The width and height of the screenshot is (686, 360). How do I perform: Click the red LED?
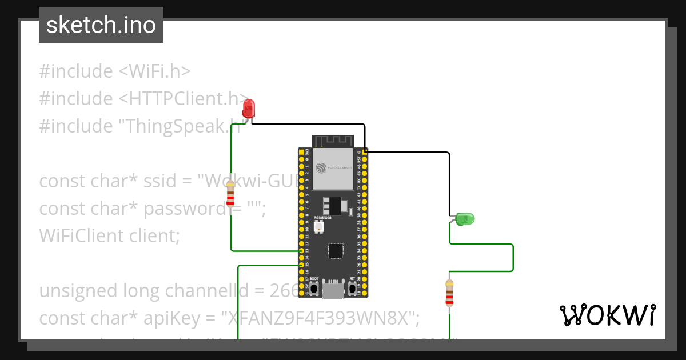[249, 109]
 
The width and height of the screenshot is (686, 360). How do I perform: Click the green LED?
[465, 218]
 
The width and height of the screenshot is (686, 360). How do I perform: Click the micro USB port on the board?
[333, 290]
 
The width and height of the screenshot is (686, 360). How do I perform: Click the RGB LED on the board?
[318, 228]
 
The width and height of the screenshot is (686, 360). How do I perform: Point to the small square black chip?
[336, 250]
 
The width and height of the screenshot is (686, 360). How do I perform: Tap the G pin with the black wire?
[365, 152]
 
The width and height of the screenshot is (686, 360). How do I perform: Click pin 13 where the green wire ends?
[301, 251]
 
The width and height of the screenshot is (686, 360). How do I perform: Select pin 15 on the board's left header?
[301, 265]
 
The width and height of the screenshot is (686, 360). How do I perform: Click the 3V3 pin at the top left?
[301, 152]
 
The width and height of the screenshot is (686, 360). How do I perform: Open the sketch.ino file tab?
[101, 25]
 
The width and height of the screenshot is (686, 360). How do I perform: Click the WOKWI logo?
[607, 315]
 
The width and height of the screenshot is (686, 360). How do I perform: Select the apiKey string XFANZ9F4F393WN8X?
[324, 318]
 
